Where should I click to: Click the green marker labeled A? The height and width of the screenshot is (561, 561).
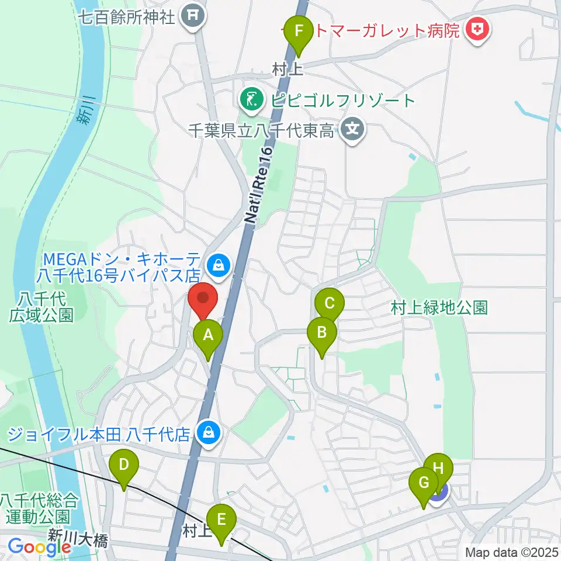point(207,336)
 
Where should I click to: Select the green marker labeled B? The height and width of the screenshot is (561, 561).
point(321,334)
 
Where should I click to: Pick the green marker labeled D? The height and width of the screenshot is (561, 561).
point(124,465)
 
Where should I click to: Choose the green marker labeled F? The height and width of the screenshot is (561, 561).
point(299,30)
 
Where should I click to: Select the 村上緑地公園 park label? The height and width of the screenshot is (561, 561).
point(439,307)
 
